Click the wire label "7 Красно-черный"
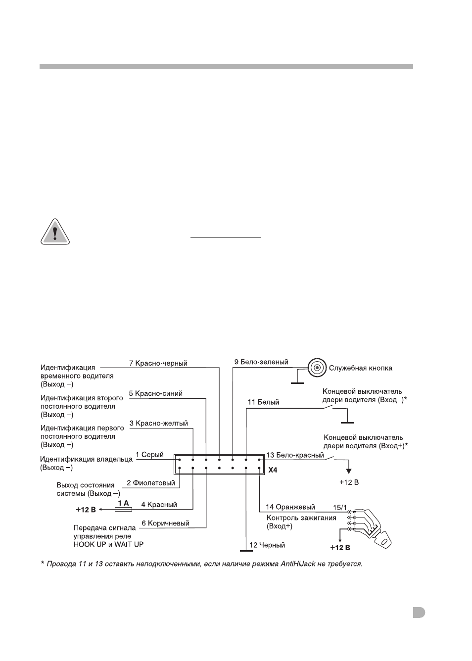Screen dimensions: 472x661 [x=158, y=363]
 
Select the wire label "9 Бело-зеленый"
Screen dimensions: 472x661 [x=261, y=362]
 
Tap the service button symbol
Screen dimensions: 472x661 [x=317, y=368]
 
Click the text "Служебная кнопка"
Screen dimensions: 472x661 [x=361, y=368]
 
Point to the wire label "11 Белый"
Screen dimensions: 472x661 [x=263, y=402]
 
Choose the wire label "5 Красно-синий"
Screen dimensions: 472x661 [x=155, y=394]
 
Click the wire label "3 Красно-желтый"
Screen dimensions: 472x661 [x=158, y=424]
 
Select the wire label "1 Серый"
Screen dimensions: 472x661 [x=149, y=455]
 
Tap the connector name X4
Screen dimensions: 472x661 [x=273, y=470]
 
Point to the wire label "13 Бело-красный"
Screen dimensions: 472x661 [x=295, y=455]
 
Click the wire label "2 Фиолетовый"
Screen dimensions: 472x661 [x=151, y=483]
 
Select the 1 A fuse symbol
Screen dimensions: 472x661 [x=123, y=509]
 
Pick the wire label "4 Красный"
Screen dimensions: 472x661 [x=159, y=505]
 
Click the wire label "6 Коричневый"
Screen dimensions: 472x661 [x=165, y=523]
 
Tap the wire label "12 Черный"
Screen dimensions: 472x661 [x=267, y=545]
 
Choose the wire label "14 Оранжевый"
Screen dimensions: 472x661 [x=290, y=507]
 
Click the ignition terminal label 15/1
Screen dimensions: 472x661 [x=340, y=508]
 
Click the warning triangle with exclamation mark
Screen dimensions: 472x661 [x=55, y=232]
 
